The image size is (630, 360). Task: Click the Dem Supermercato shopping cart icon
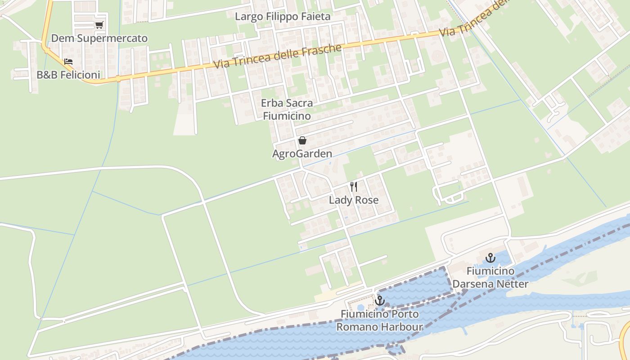point(99,25)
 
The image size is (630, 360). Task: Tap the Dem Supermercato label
point(99,38)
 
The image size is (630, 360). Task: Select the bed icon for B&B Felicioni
point(68,62)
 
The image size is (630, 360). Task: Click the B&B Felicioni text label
point(68,75)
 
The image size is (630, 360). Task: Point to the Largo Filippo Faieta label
point(283,17)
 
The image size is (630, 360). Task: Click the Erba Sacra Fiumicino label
point(287,109)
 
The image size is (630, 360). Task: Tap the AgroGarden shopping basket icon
point(302,141)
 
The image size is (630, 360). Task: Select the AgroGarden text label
point(302,154)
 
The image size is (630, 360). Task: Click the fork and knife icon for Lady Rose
point(354,187)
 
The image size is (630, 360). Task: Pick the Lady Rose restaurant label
point(354,200)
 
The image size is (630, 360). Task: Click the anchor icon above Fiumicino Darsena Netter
point(490,258)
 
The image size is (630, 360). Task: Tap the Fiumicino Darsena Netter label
point(490,278)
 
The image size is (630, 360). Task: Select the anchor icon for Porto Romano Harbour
point(380,301)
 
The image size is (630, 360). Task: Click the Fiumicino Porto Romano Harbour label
point(380,320)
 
